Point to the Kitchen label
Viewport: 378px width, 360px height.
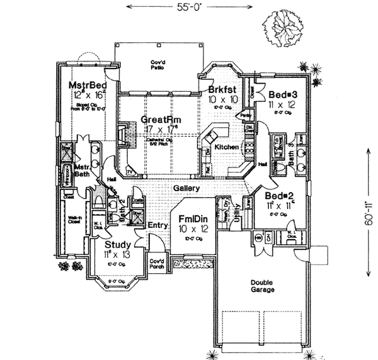(227, 146)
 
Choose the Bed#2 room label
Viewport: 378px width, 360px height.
(276, 195)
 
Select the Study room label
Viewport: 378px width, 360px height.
(117, 244)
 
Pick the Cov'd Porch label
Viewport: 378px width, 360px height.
(156, 262)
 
